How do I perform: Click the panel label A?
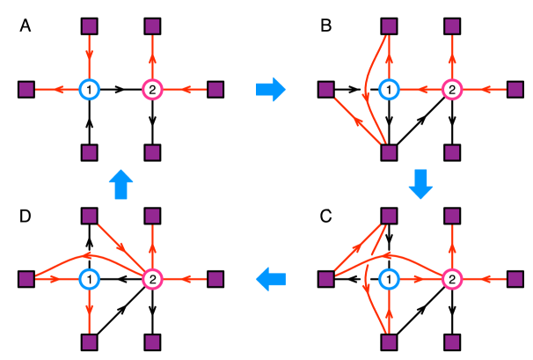(x=26, y=26)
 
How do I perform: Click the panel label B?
(x=326, y=26)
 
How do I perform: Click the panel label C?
(x=326, y=216)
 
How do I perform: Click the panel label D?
(x=26, y=216)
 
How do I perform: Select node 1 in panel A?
(x=90, y=90)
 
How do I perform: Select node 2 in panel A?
(x=152, y=90)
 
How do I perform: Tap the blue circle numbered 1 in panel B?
(x=390, y=90)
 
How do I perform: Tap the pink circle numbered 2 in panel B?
(x=452, y=90)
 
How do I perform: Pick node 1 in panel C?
(x=390, y=279)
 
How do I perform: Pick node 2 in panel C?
(x=452, y=279)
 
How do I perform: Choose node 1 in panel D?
(x=90, y=279)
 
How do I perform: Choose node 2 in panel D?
(x=152, y=279)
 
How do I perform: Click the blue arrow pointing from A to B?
(x=271, y=90)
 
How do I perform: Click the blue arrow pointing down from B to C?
(x=420, y=184)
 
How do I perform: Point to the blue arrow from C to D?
(x=271, y=279)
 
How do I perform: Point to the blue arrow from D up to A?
(x=121, y=185)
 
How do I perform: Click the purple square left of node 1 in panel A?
(x=26, y=90)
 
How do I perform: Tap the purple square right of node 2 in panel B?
(x=515, y=90)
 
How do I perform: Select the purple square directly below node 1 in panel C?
(x=390, y=342)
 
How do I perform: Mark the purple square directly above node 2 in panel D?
(x=152, y=216)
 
